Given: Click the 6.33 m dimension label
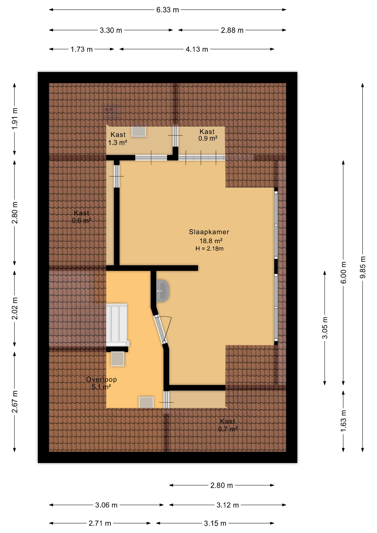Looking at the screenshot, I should (x=167, y=10).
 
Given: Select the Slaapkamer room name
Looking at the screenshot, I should (x=209, y=232).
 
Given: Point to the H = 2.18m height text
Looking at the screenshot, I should (x=209, y=249).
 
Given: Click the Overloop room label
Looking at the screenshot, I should (x=101, y=379).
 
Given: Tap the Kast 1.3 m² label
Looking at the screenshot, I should (x=118, y=139).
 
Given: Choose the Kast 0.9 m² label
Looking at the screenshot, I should (x=207, y=135).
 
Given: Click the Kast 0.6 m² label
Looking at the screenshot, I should (x=81, y=217).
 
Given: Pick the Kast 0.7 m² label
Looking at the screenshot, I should (x=227, y=425).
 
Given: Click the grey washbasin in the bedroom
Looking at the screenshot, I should (x=162, y=291).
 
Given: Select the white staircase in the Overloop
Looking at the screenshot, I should (x=117, y=324).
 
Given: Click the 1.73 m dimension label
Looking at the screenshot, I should (x=81, y=49).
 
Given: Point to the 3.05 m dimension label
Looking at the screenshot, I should (x=325, y=328).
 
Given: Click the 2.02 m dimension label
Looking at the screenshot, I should (x=15, y=308).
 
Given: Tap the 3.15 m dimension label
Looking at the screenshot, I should (x=215, y=523).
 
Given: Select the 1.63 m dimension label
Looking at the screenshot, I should (x=343, y=421).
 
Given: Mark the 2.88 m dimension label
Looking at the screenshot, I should (x=232, y=30).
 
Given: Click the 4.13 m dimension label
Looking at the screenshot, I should (x=197, y=49).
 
